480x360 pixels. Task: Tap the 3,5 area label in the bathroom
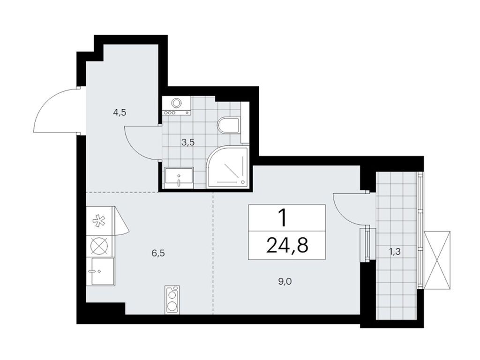click(x=188, y=143)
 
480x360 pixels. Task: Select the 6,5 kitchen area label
click(x=159, y=253)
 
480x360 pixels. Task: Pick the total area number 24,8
click(x=287, y=245)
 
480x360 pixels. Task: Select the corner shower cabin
click(x=227, y=168)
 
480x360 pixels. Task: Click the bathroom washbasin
click(x=179, y=177)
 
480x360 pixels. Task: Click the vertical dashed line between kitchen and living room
click(x=213, y=253)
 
